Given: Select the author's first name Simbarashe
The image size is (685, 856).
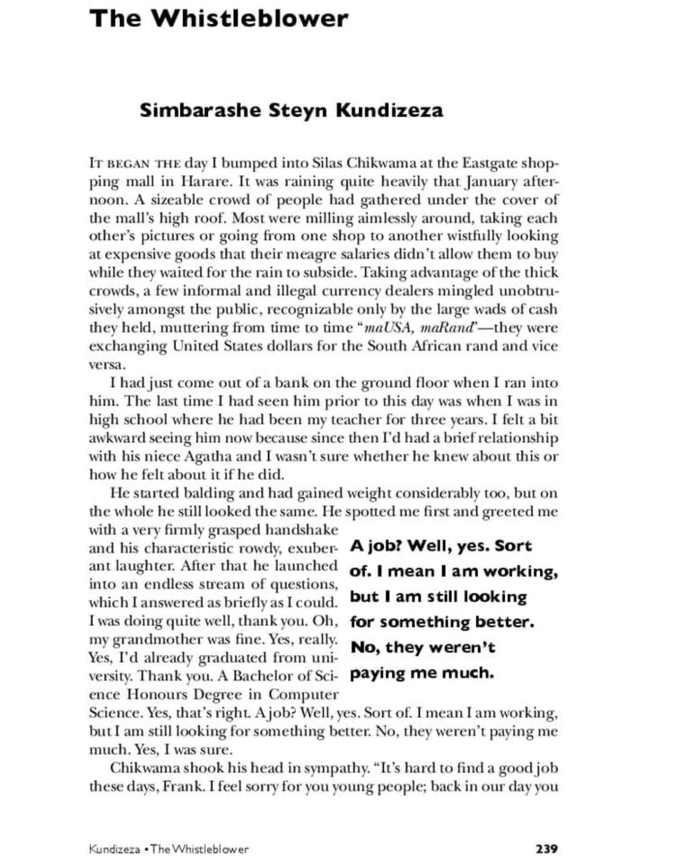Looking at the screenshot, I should click(200, 110).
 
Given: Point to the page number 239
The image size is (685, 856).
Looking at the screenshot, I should click(547, 848).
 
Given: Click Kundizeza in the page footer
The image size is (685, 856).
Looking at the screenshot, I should click(114, 849).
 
